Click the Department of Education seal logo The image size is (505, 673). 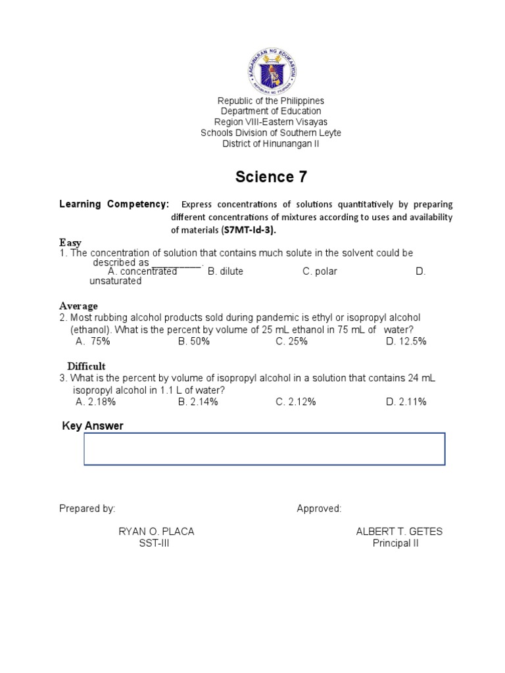(x=272, y=68)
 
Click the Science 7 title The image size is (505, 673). (x=271, y=177)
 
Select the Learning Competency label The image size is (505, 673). (x=114, y=204)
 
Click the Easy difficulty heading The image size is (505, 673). (x=70, y=243)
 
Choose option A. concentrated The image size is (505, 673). (x=142, y=271)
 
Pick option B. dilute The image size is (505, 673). (x=226, y=271)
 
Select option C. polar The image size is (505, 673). (x=320, y=271)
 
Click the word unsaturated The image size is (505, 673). (x=116, y=281)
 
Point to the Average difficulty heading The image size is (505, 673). (x=78, y=306)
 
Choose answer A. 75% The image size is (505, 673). (x=93, y=341)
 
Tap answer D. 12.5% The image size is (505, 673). (x=406, y=341)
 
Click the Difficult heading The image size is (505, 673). (x=86, y=366)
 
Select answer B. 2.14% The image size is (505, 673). (x=198, y=402)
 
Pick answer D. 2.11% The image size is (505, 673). (x=406, y=402)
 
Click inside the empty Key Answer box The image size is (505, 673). (x=264, y=449)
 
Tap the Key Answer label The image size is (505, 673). (x=93, y=426)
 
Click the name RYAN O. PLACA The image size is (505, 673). (x=156, y=532)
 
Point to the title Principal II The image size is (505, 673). (x=396, y=544)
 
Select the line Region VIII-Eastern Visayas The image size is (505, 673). (x=271, y=122)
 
